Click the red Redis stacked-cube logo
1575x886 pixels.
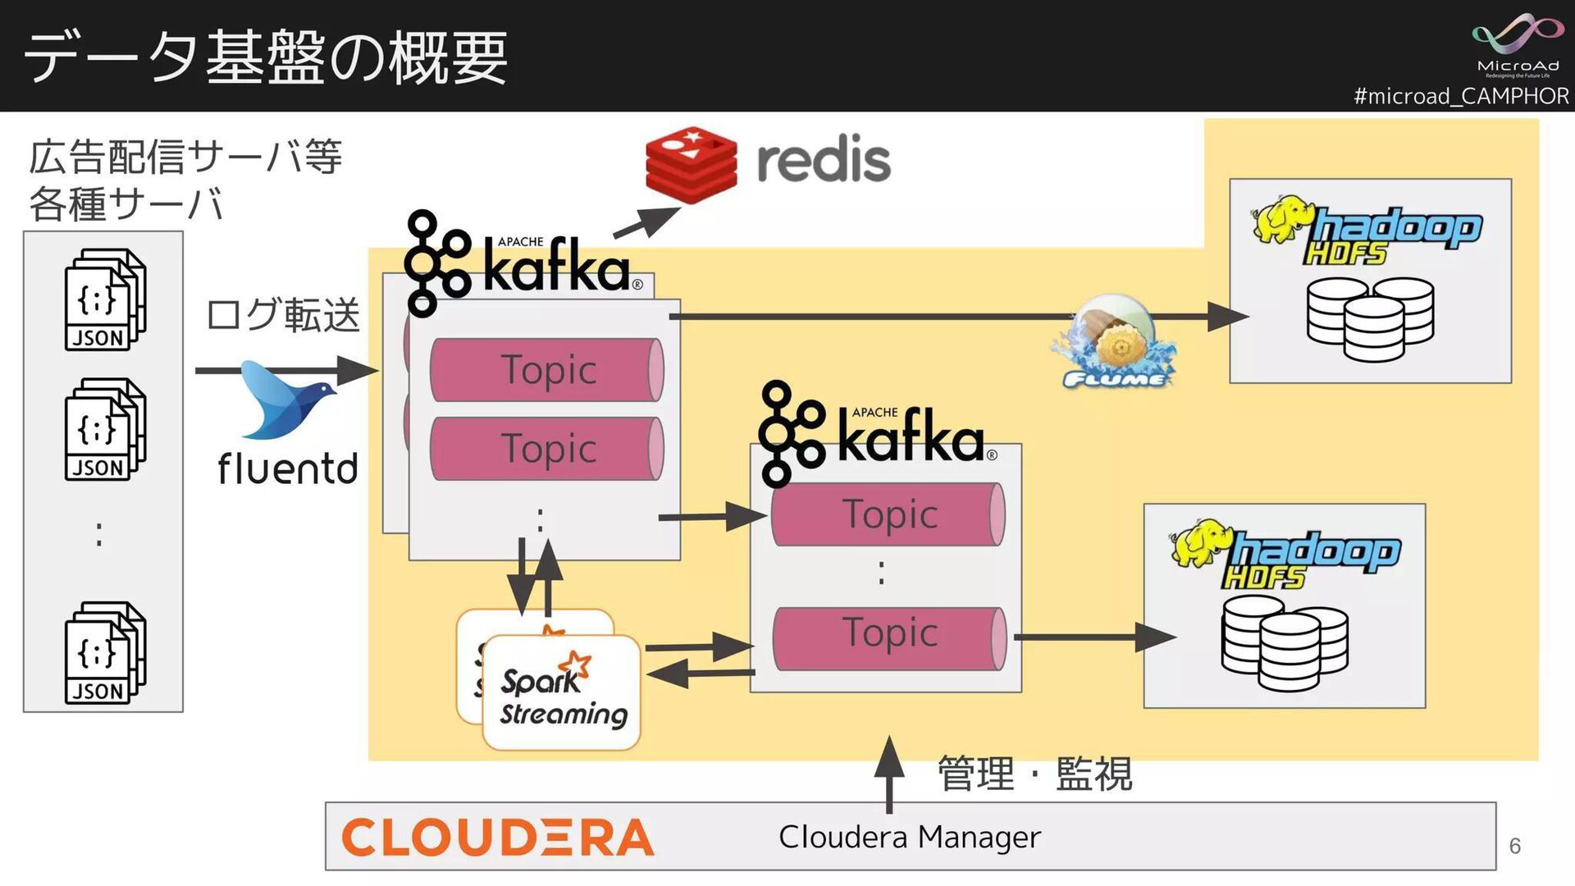[x=691, y=164]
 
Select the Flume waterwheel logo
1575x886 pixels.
[x=1116, y=345]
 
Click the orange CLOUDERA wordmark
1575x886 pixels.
[x=497, y=838]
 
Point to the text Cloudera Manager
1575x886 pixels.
[x=909, y=838]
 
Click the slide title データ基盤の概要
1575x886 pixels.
[x=266, y=57]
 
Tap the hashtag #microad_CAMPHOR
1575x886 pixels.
[x=1460, y=96]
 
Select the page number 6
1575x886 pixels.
[x=1514, y=846]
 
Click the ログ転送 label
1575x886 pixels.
[x=282, y=315]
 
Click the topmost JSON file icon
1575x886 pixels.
[x=104, y=300]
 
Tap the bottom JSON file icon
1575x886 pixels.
[x=104, y=653]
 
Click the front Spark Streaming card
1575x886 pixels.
[x=563, y=693]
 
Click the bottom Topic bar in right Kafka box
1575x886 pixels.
[x=889, y=637]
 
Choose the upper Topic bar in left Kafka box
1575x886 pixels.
[x=547, y=369]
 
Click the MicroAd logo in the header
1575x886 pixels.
[x=1517, y=46]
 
